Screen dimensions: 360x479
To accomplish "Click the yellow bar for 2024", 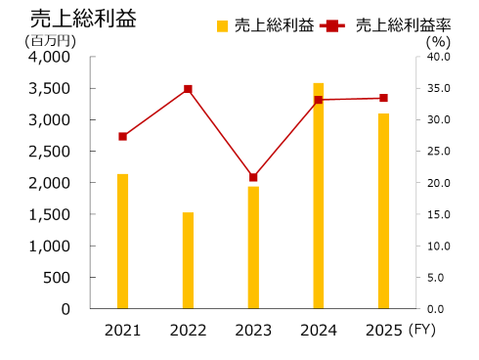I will pos(318,196).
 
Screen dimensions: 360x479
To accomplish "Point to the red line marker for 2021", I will pos(122,136).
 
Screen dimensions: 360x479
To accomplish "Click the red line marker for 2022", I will pos(188,89).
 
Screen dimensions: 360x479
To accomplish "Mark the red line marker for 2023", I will pos(253,177).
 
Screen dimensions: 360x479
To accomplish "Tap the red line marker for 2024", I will pos(318,100).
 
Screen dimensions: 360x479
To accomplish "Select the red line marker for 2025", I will pos(383,98).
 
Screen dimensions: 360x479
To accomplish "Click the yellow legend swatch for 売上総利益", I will pos(222,25).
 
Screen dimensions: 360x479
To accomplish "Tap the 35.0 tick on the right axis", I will pos(437,89).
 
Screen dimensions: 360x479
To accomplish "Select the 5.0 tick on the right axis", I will pos(437,277).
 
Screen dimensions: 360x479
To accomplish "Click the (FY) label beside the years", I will pos(423,330).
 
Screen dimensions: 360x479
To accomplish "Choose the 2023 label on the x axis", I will pos(253,330).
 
